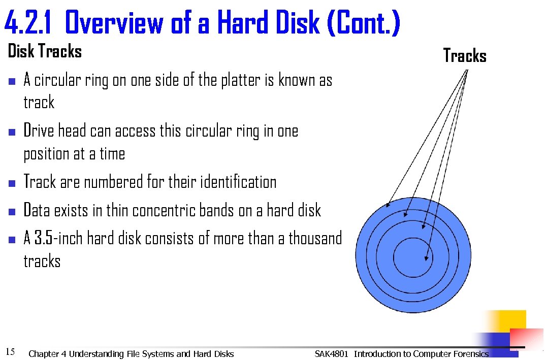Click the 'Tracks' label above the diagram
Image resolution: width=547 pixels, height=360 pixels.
[465, 55]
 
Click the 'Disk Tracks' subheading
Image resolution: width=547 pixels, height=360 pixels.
[45, 51]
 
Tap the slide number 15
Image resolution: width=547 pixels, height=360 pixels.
[10, 351]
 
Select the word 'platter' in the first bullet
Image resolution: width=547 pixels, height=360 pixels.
[241, 80]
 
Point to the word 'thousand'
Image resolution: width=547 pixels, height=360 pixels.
[315, 238]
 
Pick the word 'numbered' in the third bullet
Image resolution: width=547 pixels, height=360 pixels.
[114, 182]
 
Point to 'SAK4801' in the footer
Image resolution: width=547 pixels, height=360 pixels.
[332, 354]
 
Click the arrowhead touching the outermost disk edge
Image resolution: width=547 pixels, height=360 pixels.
[388, 205]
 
